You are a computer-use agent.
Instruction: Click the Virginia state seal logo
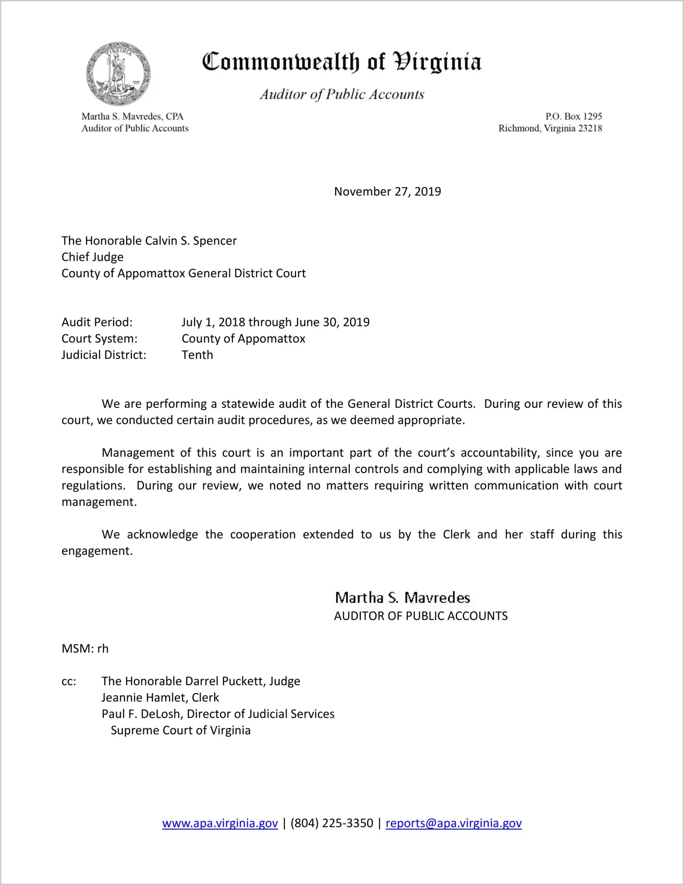[118, 74]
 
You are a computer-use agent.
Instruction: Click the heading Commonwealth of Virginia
[342, 62]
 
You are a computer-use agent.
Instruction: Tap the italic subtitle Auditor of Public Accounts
[342, 94]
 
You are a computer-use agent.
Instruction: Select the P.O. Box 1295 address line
[573, 116]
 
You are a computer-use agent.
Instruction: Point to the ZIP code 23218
[590, 128]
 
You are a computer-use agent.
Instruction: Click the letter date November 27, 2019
[387, 192]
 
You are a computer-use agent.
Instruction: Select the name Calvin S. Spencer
[191, 241]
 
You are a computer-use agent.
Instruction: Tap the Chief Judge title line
[92, 257]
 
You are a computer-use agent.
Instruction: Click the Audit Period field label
[97, 322]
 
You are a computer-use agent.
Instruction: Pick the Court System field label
[99, 339]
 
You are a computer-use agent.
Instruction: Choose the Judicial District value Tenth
[197, 355]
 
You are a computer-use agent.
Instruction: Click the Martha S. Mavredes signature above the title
[402, 598]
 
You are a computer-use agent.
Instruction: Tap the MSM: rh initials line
[85, 649]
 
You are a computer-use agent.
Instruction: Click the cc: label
[69, 682]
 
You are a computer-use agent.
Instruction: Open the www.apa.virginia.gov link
[220, 823]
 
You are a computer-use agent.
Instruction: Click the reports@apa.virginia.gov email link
[453, 823]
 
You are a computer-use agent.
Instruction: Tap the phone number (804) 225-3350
[331, 823]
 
